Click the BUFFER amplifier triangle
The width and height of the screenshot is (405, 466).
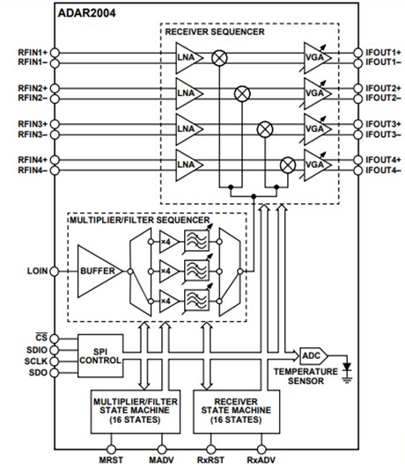click(x=99, y=271)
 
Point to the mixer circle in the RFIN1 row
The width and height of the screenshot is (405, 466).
click(x=219, y=57)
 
